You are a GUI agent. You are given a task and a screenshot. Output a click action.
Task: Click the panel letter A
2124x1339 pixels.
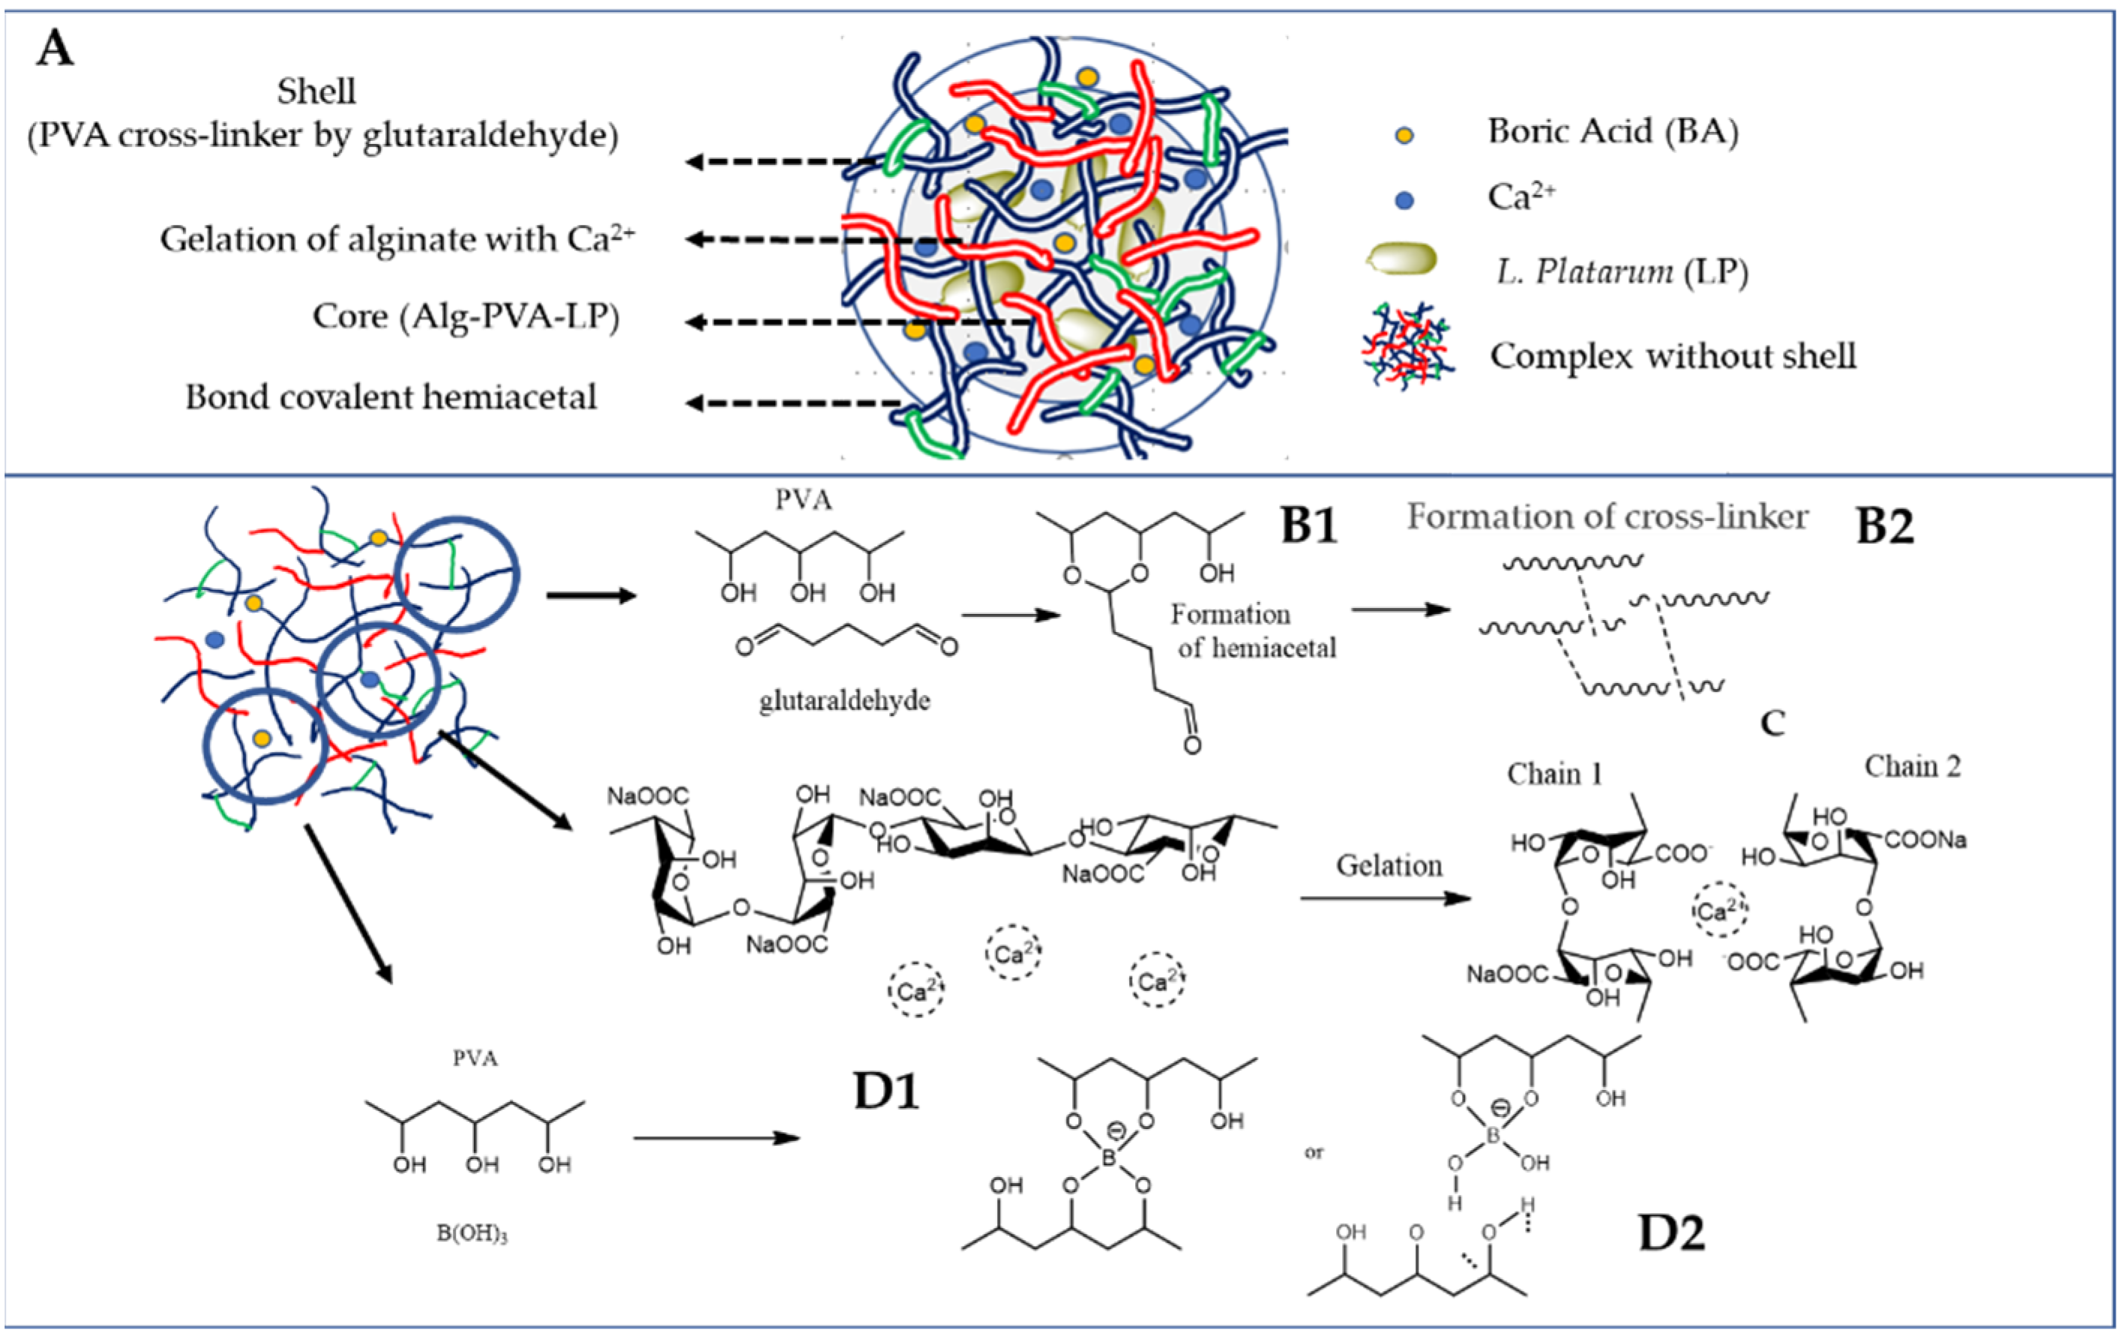coord(55,49)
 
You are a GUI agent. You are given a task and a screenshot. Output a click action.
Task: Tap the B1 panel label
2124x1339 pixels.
coord(1309,526)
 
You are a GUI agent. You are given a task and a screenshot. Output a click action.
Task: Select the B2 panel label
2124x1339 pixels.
coord(1884,526)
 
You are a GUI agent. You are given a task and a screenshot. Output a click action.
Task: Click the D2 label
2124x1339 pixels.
coord(1670,1233)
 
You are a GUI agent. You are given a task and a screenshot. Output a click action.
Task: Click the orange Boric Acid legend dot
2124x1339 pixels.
coord(1404,135)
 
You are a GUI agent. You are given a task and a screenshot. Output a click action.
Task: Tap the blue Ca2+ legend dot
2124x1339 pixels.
coord(1404,200)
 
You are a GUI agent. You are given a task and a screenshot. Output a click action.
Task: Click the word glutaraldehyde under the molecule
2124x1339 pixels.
coord(844,701)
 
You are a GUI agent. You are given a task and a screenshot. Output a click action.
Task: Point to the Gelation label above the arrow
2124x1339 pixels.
coord(1389,866)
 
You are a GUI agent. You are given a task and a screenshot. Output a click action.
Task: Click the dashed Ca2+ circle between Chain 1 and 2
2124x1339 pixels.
coord(1719,910)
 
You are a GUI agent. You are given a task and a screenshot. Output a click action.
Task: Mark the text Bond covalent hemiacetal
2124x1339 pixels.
coord(391,397)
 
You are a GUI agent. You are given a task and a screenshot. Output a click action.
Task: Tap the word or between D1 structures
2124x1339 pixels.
coord(1314,1153)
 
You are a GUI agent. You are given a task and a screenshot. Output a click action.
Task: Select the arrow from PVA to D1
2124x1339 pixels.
coord(715,1138)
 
